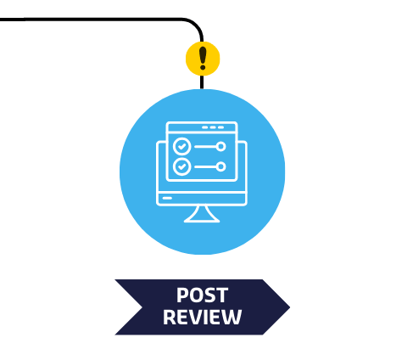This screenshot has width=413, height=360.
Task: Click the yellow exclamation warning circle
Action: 203,59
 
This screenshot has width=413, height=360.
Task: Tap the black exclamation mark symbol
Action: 203,58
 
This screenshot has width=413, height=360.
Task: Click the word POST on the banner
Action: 202,295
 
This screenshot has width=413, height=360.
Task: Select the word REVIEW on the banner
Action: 202,317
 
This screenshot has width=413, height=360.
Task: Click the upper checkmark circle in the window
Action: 181,146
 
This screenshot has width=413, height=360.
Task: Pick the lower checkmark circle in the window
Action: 181,166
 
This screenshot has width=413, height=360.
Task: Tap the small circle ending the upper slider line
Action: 220,146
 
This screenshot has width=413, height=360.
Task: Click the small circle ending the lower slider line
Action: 220,166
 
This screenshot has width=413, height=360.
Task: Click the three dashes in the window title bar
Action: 213,127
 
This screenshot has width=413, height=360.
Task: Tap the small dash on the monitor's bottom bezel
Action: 167,198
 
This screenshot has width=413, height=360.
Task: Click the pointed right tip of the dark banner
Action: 290,307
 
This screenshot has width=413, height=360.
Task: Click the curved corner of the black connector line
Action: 196,25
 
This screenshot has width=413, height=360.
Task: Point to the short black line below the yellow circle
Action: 202,82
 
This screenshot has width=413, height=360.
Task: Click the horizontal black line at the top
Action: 91,20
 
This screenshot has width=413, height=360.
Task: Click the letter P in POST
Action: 182,295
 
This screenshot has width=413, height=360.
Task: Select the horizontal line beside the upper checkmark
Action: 205,146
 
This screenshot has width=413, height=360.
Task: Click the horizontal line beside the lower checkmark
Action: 205,166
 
